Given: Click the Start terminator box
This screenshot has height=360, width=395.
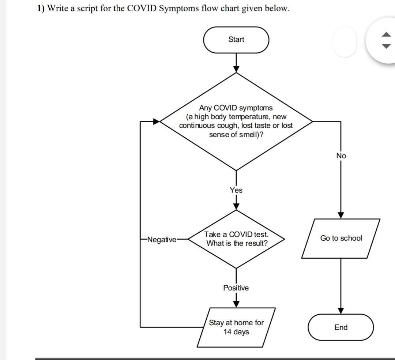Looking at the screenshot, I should point(236,40).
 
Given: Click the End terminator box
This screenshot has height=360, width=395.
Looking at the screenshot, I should point(341,327).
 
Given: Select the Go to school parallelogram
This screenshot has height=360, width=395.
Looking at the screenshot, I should point(341,238).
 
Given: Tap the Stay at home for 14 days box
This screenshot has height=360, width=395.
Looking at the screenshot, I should point(236,327).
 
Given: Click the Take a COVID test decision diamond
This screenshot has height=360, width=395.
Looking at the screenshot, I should point(236,239).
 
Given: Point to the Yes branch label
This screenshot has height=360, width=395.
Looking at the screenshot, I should point(236,190).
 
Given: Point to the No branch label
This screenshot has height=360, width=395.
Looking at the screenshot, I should point(341,156).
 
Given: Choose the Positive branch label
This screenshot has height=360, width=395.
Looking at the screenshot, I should point(236,288).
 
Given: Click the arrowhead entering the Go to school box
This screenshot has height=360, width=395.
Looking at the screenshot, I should point(341,215).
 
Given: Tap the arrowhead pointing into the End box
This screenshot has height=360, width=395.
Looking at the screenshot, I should point(341,310).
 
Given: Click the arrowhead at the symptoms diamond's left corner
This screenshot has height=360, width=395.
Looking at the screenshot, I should point(157,121).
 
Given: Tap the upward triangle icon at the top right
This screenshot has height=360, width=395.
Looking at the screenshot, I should point(386,35).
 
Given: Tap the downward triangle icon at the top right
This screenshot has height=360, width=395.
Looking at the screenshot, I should point(386,46).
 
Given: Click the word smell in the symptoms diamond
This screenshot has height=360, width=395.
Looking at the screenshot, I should point(249,134).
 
